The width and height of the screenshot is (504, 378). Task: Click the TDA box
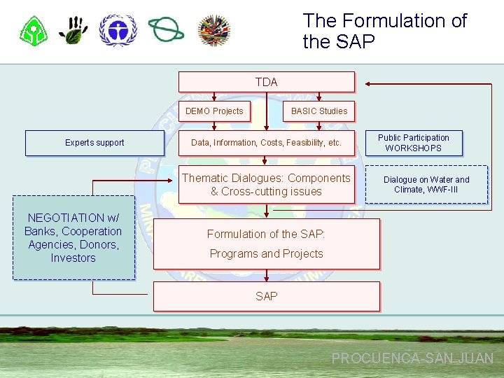point(266,82)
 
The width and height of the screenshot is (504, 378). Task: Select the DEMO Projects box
point(214,111)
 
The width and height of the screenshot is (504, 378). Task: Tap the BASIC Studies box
point(318,111)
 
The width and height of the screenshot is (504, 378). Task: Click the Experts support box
point(94,143)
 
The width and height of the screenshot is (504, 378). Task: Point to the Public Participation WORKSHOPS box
point(414,143)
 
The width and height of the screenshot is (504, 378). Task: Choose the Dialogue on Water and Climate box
point(426,185)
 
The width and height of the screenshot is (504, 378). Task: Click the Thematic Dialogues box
point(266,185)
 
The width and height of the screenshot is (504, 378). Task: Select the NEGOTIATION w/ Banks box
point(73,238)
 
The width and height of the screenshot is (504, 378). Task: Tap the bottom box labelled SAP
point(266,296)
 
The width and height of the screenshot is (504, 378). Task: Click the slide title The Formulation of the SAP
point(384,31)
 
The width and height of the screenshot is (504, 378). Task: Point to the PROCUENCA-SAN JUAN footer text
point(412,358)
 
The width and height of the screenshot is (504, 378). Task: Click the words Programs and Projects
point(266,253)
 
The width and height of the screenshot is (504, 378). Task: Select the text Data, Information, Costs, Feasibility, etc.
point(266,143)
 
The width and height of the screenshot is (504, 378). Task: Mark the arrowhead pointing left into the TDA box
point(370,84)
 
